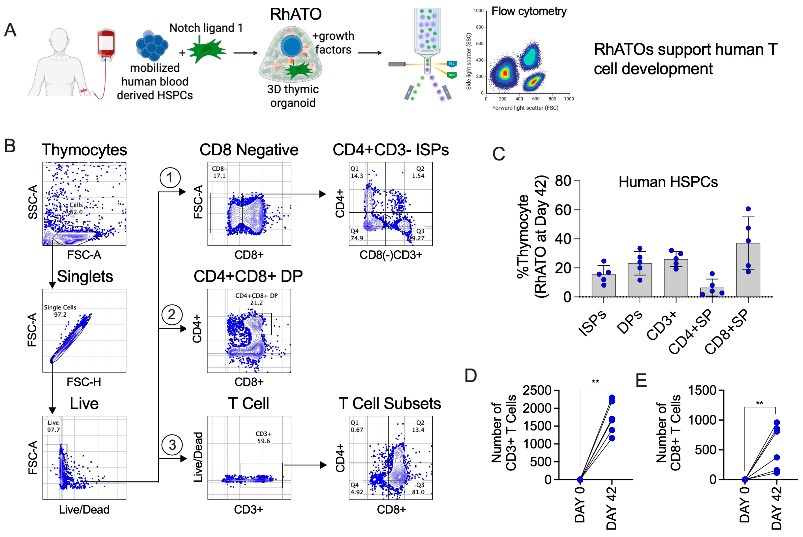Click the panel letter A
[10, 30]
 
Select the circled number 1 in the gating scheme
[170, 178]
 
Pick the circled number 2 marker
[171, 315]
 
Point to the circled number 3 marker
[172, 445]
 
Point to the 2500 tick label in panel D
[537, 390]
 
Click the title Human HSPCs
[668, 182]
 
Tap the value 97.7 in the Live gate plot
[53, 430]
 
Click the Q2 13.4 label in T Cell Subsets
[418, 426]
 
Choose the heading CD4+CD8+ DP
[248, 276]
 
